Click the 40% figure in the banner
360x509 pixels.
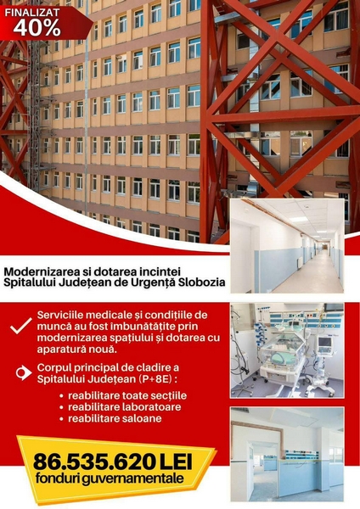(x=37, y=28)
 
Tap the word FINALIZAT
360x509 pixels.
(x=32, y=13)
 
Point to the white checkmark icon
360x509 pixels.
(x=21, y=326)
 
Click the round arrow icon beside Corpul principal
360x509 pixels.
(x=24, y=372)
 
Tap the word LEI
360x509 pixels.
(x=176, y=461)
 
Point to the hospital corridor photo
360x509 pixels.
(x=287, y=246)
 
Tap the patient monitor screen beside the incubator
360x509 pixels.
(x=324, y=342)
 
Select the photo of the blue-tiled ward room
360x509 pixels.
(x=287, y=455)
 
